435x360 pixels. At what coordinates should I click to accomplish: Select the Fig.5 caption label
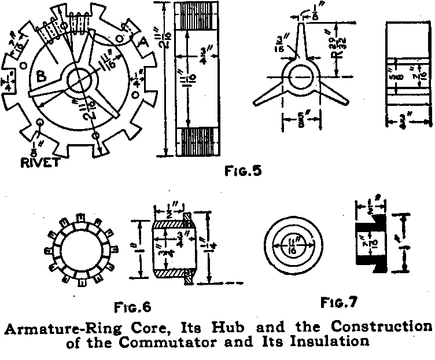(241, 171)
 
